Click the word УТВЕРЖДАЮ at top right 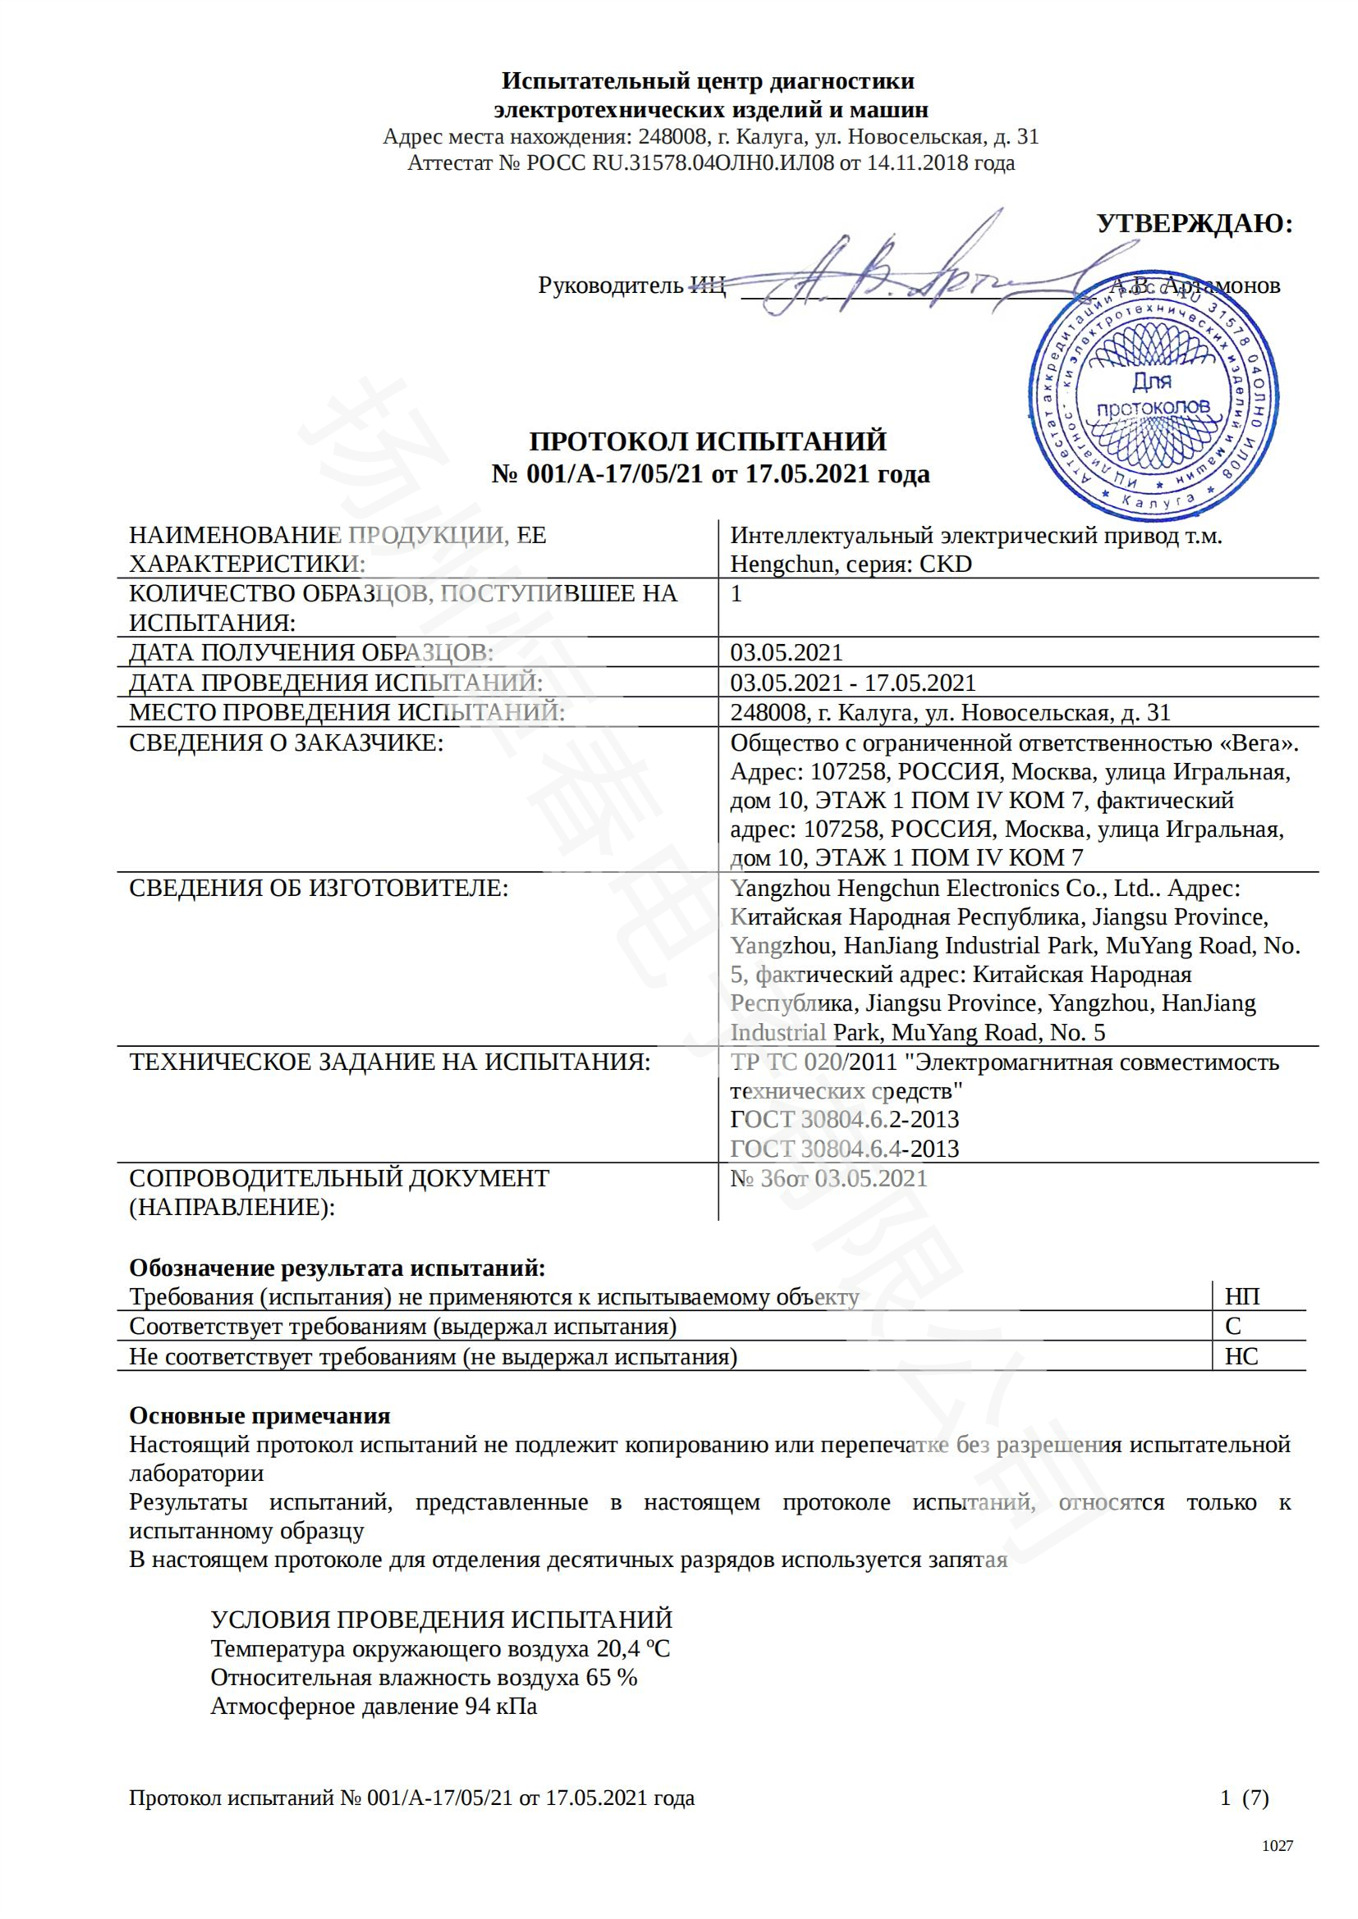[1194, 223]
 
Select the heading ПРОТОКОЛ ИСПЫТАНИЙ [709, 441]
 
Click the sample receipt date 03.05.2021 [786, 652]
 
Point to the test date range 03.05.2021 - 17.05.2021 [852, 682]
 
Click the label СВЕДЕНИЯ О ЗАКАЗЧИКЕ [285, 742]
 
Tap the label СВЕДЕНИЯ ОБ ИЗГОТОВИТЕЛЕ [318, 888]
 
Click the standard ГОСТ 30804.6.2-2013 [845, 1119]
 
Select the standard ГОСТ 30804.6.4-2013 [845, 1149]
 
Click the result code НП [1241, 1296]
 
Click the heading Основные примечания [259, 1415]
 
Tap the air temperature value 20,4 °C [633, 1649]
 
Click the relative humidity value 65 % [612, 1678]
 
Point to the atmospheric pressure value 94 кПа [501, 1706]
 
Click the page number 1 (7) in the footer [1244, 1798]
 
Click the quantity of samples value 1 [736, 593]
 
